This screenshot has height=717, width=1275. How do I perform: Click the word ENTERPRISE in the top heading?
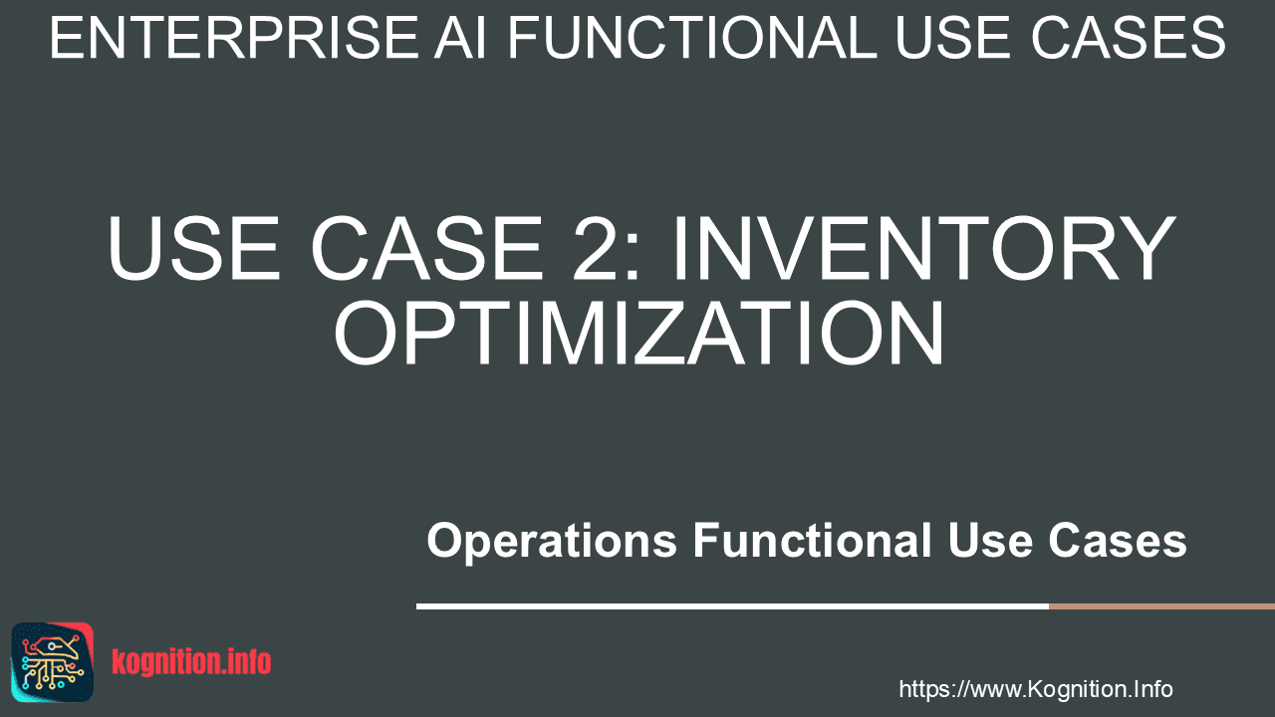[234, 38]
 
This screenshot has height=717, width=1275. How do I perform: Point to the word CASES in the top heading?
[1129, 38]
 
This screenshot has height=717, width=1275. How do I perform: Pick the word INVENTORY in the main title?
[924, 248]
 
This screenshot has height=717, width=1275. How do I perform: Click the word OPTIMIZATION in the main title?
[638, 333]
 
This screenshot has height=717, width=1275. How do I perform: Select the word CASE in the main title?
[427, 248]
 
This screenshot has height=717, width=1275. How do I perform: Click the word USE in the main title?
[194, 248]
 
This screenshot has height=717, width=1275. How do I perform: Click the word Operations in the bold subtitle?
[552, 541]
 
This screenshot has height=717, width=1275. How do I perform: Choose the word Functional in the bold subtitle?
[812, 540]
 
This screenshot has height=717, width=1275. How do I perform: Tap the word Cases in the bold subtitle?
[1118, 540]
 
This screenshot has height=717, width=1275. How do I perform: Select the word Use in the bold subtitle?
[990, 540]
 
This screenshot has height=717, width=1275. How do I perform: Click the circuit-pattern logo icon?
[53, 662]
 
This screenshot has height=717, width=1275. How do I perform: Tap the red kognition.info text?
[191, 662]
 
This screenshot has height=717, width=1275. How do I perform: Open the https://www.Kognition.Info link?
[1036, 690]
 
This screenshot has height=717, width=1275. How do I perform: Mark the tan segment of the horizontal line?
[1161, 606]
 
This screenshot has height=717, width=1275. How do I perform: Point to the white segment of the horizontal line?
[732, 606]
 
